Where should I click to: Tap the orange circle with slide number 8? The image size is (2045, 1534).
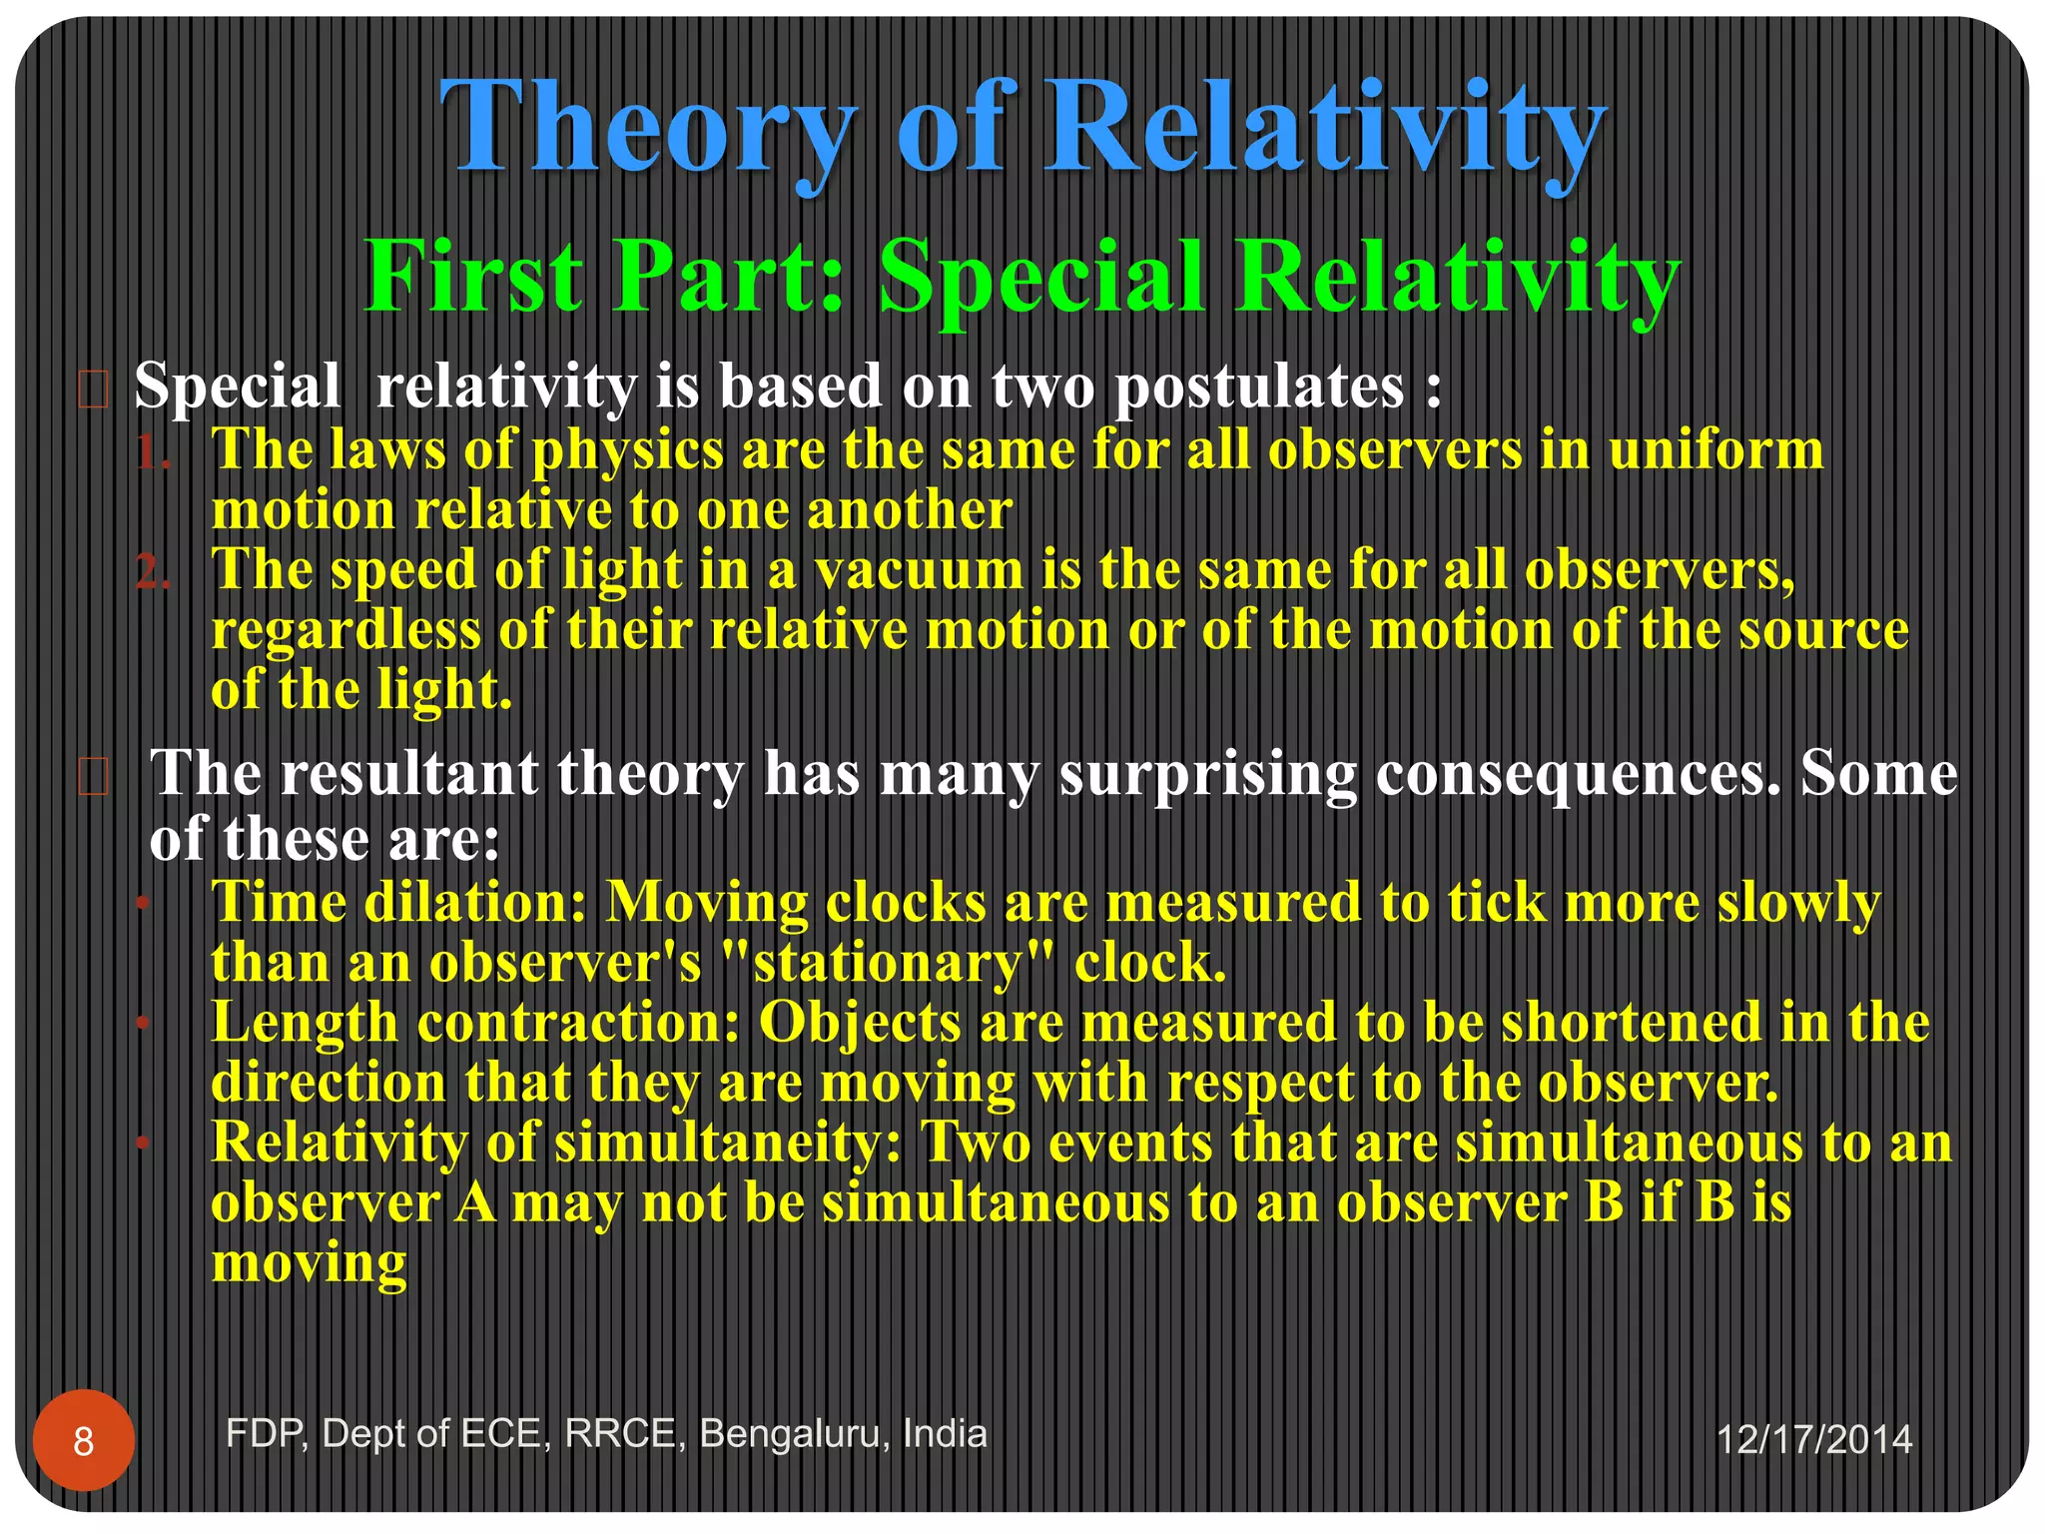pyautogui.click(x=84, y=1441)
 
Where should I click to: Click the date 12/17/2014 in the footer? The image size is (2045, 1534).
pyautogui.click(x=1813, y=1440)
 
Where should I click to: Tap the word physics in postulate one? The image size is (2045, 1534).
pyautogui.click(x=627, y=451)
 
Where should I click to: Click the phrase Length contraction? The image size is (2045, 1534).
pyautogui.click(x=475, y=1023)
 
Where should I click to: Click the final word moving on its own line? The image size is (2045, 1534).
pyautogui.click(x=309, y=1263)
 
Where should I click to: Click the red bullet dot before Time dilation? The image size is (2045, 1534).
pyautogui.click(x=143, y=904)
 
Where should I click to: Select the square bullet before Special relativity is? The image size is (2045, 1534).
pyautogui.click(x=93, y=389)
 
